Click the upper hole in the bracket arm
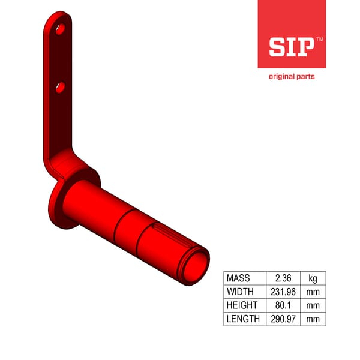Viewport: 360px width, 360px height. click(59, 28)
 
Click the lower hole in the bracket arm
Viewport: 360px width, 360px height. click(59, 88)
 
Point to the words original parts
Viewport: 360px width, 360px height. click(291, 77)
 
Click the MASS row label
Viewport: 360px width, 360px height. click(238, 278)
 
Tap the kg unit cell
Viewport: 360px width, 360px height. click(313, 278)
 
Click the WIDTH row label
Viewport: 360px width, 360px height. click(240, 292)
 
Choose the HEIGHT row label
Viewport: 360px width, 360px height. click(241, 305)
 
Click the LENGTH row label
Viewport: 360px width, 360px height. click(243, 319)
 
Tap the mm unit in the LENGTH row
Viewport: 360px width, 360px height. click(313, 319)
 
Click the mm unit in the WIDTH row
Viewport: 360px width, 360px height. click(313, 292)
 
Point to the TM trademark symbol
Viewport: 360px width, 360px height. click(319, 39)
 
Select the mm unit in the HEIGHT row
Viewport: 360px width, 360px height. click(313, 305)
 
